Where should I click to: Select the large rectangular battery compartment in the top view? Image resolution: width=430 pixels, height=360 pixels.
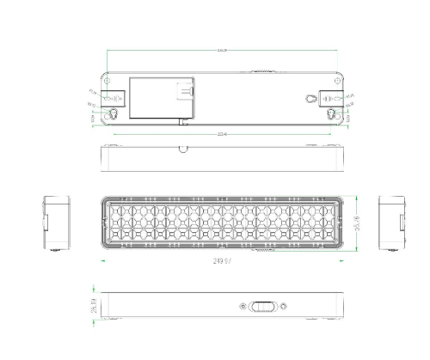(161, 100)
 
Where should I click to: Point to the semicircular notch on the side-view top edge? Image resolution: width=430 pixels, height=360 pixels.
(184, 148)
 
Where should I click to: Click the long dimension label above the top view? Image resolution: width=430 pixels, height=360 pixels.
(222, 51)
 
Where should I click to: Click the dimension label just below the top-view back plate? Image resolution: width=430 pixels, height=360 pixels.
(222, 133)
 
